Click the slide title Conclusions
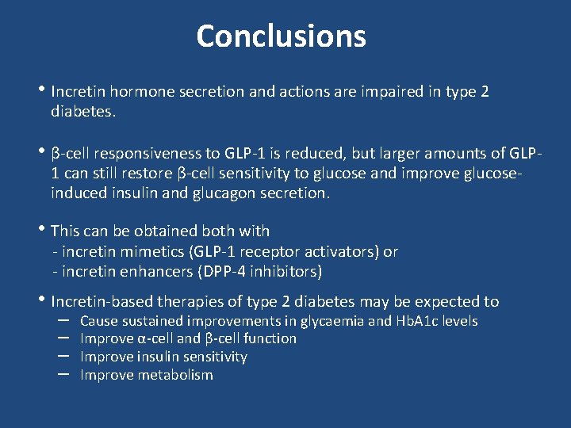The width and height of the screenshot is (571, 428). tap(281, 36)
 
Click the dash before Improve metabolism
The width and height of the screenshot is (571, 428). tap(64, 374)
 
